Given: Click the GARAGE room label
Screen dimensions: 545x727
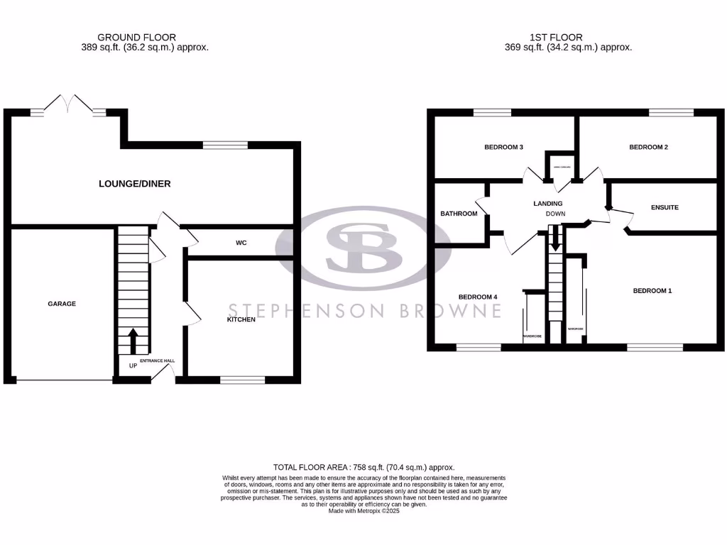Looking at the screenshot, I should [62, 304].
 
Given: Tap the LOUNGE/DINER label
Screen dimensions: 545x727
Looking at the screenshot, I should [134, 184].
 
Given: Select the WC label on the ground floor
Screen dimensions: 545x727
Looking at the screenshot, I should [241, 243].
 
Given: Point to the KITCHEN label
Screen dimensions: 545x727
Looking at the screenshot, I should [241, 319].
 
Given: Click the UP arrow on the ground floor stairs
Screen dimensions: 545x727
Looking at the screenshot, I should [132, 341].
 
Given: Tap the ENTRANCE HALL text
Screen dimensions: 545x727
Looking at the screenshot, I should [157, 361].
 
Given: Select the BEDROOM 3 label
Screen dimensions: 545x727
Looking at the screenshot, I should [503, 148].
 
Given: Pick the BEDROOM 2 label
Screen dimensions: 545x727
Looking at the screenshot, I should [649, 148].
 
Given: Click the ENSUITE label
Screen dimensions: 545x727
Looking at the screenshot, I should [665, 207].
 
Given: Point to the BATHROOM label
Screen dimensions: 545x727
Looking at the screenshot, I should [459, 214].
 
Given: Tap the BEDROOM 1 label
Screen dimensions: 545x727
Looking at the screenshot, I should [652, 291].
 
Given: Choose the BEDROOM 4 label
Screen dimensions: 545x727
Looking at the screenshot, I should [478, 297].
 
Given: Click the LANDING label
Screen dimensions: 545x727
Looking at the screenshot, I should [547, 204].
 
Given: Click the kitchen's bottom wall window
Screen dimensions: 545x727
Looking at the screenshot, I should [242, 380].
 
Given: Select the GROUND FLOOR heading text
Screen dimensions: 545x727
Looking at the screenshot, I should [136, 38].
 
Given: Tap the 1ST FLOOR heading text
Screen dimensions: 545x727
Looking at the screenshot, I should [556, 38].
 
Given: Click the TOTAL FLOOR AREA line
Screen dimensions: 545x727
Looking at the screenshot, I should [363, 467].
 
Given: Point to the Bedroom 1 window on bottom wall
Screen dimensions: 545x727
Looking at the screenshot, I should [655, 347].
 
